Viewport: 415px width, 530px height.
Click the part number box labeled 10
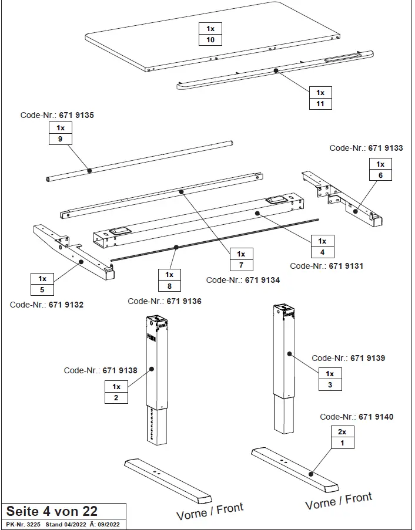(x=210, y=40)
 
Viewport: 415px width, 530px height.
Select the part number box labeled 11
(x=320, y=104)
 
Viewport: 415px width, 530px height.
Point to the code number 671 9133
(x=386, y=148)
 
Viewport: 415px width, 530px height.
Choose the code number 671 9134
(x=262, y=280)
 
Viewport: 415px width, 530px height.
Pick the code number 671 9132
(x=66, y=305)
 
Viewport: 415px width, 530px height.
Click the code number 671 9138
(x=120, y=370)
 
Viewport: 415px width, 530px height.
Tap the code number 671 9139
(x=367, y=358)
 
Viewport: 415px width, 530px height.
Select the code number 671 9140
(x=376, y=417)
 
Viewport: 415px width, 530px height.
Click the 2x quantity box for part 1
(x=342, y=431)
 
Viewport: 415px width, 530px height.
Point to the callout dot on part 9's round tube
(x=89, y=170)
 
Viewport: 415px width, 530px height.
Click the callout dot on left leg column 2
(x=152, y=369)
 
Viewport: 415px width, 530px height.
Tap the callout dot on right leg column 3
(x=289, y=354)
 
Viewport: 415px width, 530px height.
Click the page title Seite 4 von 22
(x=52, y=511)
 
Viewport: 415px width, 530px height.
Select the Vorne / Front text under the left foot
(x=210, y=511)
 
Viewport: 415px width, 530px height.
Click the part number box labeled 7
(x=241, y=266)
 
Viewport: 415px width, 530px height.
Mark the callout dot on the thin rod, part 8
(x=175, y=248)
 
